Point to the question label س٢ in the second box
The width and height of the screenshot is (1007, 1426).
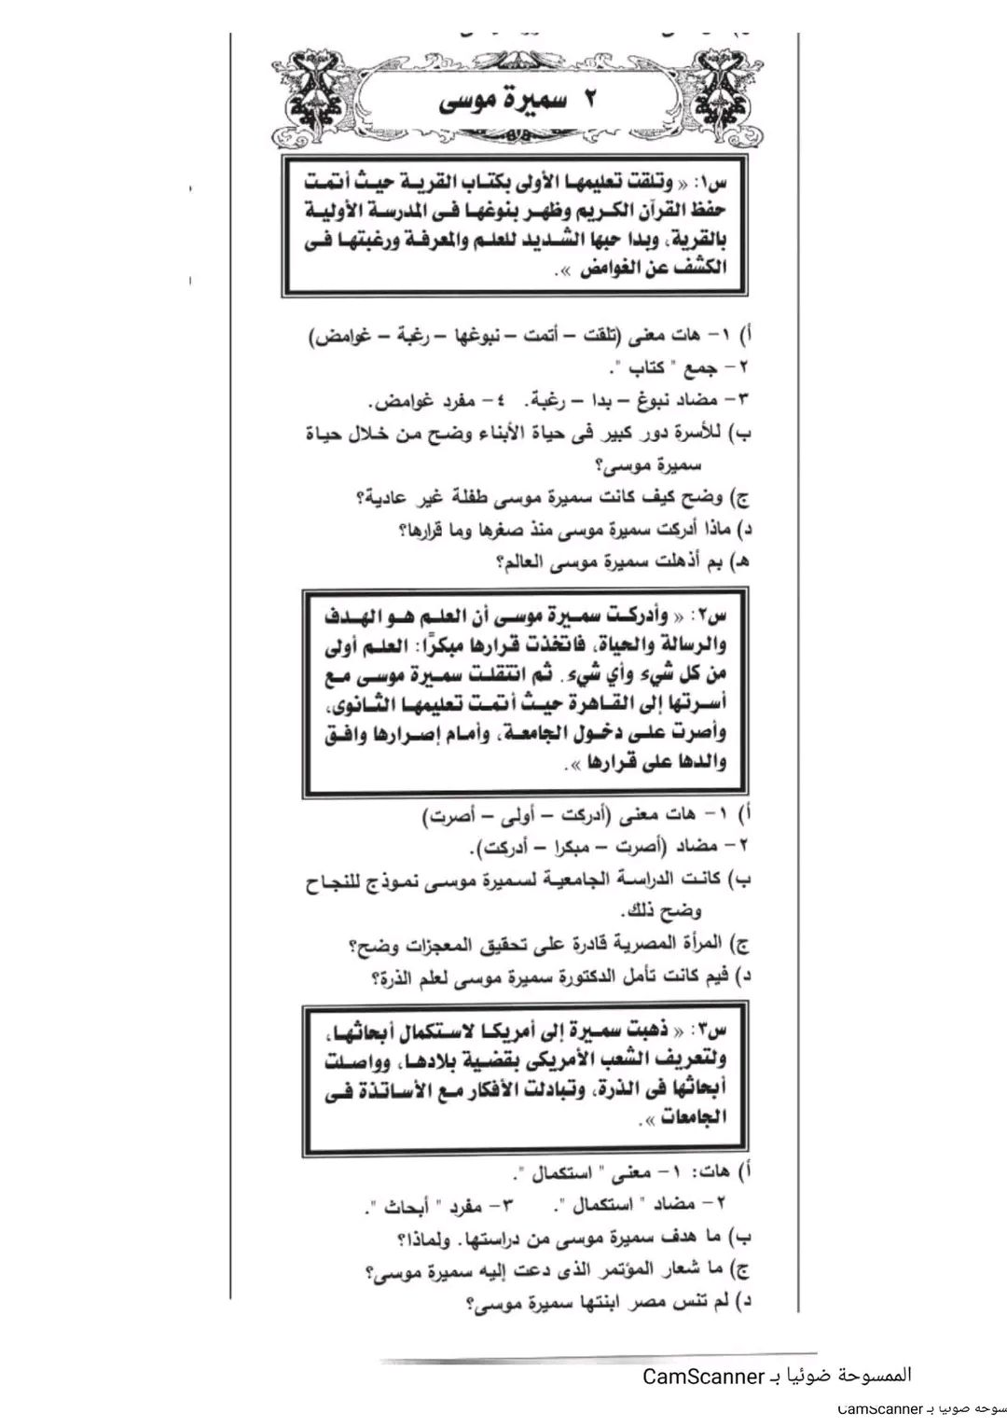(x=713, y=618)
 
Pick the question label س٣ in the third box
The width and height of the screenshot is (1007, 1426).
(x=713, y=1031)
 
